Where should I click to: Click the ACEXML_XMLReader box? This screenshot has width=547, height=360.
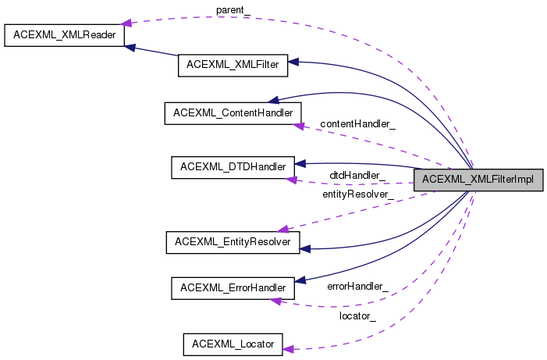pos(64,35)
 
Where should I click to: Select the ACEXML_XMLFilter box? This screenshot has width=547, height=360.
pos(233,66)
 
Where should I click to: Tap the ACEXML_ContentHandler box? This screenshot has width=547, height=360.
pos(233,113)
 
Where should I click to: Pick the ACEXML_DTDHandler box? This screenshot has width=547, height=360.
pos(233,167)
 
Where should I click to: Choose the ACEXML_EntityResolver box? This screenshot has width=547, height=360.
pos(233,242)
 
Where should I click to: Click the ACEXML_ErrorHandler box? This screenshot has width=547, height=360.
pos(233,288)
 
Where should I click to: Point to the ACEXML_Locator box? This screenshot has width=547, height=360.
pos(233,344)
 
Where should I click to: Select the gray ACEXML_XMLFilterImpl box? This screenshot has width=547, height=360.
pos(478,180)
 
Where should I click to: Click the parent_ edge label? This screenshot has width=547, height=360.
pos(233,10)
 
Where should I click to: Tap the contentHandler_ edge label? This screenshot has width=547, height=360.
pos(357,124)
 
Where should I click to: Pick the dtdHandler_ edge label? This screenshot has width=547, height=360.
pos(357,175)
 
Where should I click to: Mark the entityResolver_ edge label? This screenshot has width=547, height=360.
pos(358,194)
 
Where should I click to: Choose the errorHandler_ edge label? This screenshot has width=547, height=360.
pos(357,287)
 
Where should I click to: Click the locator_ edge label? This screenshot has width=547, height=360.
pos(357,316)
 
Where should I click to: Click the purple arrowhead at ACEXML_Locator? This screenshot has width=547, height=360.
pos(288,349)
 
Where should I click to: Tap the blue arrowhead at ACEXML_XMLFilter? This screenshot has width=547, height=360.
pos(293,62)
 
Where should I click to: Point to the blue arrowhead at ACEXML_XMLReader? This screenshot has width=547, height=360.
pos(130,48)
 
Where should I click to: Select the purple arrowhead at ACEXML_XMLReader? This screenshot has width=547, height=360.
pos(126,23)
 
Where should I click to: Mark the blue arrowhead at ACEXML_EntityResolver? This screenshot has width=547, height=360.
pos(305,249)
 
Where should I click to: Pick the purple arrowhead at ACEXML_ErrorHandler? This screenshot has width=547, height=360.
pos(276,301)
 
